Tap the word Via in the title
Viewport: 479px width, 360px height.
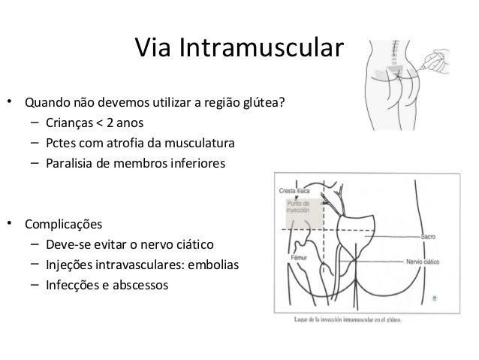pyautogui.click(x=152, y=49)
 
